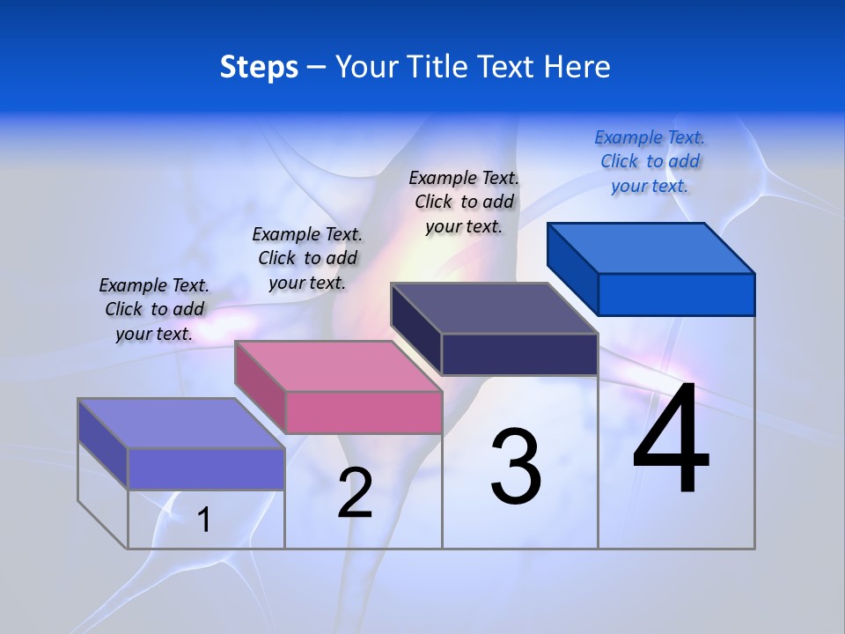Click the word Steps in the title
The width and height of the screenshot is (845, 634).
pyautogui.click(x=259, y=67)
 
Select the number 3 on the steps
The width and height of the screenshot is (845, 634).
pyautogui.click(x=516, y=466)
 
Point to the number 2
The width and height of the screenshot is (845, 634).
pyautogui.click(x=356, y=492)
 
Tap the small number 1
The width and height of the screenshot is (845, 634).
pyautogui.click(x=204, y=520)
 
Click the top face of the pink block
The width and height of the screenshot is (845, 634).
pyautogui.click(x=338, y=365)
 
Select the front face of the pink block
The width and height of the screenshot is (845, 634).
pyautogui.click(x=364, y=412)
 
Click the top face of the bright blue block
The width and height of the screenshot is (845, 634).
pyautogui.click(x=651, y=247)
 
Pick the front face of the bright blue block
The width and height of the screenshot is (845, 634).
pyautogui.click(x=676, y=294)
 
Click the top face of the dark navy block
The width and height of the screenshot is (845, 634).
pyautogui.click(x=495, y=308)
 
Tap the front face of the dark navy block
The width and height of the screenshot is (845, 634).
pyautogui.click(x=519, y=354)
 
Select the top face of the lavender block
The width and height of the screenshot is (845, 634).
pyautogui.click(x=181, y=423)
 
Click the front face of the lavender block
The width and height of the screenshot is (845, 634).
pyautogui.click(x=206, y=468)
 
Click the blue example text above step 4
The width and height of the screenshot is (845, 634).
pyautogui.click(x=650, y=161)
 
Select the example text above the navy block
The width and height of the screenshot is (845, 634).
pyautogui.click(x=464, y=202)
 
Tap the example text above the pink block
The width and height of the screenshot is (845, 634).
pyautogui.click(x=307, y=258)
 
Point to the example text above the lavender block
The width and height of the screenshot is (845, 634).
pyautogui.click(x=154, y=309)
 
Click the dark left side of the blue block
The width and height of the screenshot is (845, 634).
pyautogui.click(x=572, y=268)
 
